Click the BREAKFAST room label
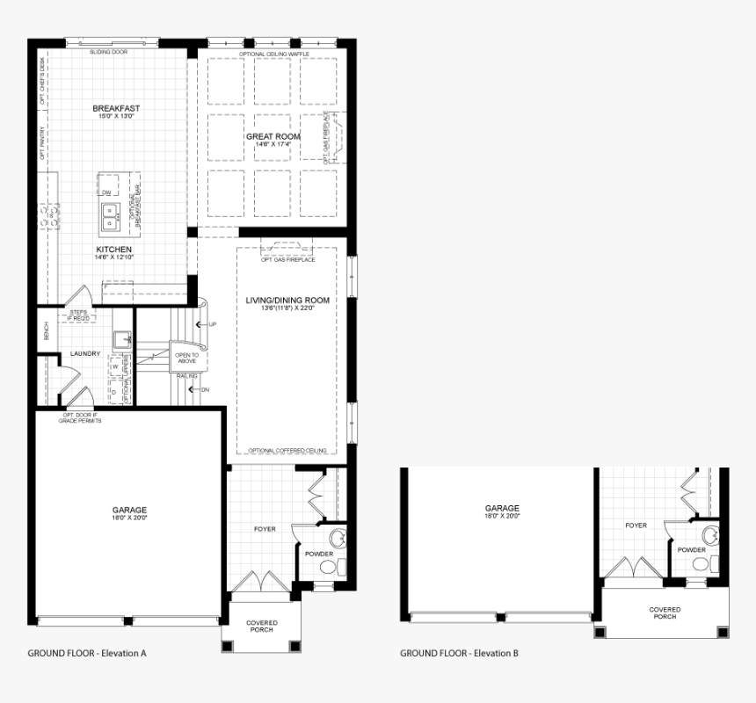116,109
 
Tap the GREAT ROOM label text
273,136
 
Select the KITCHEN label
114,250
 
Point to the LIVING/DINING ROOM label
287,301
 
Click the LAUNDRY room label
85,354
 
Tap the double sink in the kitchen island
111,213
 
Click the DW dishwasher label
106,192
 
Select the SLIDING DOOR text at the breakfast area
108,52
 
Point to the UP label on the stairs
212,324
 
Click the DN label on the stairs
206,389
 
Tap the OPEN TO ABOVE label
186,358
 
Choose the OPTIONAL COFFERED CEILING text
287,450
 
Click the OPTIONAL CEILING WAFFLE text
273,54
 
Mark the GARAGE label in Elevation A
129,510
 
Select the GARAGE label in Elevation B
502,508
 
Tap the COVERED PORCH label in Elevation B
665,612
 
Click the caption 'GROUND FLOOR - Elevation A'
87,653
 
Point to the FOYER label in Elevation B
636,525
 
